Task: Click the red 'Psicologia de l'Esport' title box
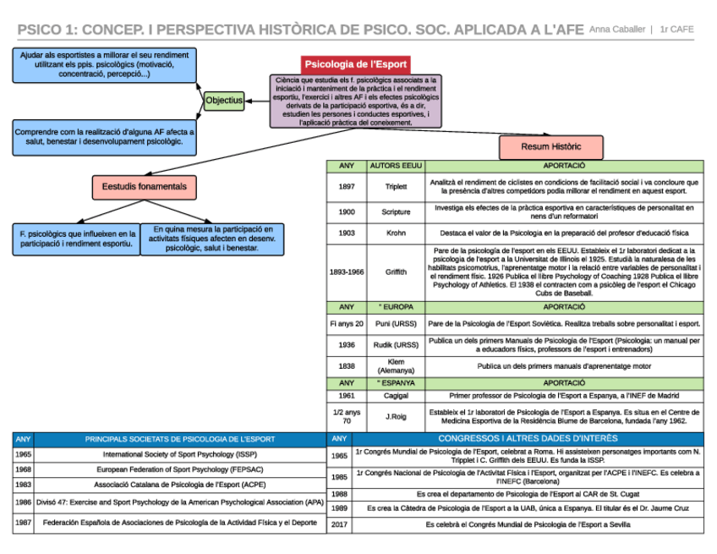[x=356, y=64]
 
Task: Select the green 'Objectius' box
[x=224, y=101]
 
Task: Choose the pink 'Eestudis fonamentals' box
[x=145, y=187]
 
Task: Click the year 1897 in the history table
[x=347, y=186]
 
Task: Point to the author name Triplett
[x=395, y=186]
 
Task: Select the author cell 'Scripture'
[x=395, y=211]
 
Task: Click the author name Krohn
[x=395, y=233]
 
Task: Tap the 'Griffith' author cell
[x=395, y=272]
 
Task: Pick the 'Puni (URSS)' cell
[x=395, y=324]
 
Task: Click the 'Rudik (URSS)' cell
[x=395, y=345]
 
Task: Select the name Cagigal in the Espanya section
[x=395, y=395]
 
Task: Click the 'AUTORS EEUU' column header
[x=395, y=166]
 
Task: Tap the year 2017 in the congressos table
[x=339, y=524]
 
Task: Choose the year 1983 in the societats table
[x=23, y=485]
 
